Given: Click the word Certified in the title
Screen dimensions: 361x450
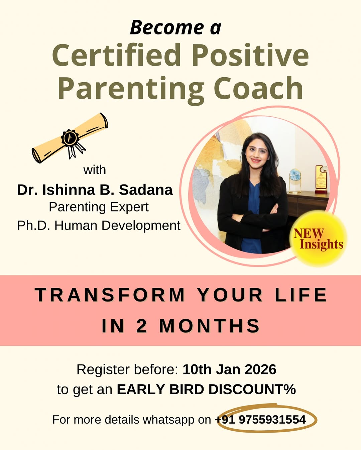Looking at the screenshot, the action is [x=116, y=55].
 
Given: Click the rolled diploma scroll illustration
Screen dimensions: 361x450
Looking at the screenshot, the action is [x=70, y=138].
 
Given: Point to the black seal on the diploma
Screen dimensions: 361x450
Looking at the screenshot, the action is [x=70, y=137].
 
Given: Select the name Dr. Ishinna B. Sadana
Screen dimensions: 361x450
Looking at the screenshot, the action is [x=95, y=190].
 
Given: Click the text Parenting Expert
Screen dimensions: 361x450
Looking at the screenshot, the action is [x=99, y=207].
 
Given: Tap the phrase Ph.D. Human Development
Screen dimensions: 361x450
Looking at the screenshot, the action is [x=99, y=226].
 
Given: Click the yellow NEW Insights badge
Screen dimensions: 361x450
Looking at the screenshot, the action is [x=318, y=239].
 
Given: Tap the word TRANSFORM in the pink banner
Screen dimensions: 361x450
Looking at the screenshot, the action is [x=110, y=295].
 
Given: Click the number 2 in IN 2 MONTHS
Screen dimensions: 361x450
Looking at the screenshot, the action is [x=141, y=326].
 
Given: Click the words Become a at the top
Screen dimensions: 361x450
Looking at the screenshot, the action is [x=175, y=27].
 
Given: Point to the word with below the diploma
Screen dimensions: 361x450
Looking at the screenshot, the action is [x=95, y=170].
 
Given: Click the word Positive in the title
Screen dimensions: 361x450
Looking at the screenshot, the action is [x=250, y=55].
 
